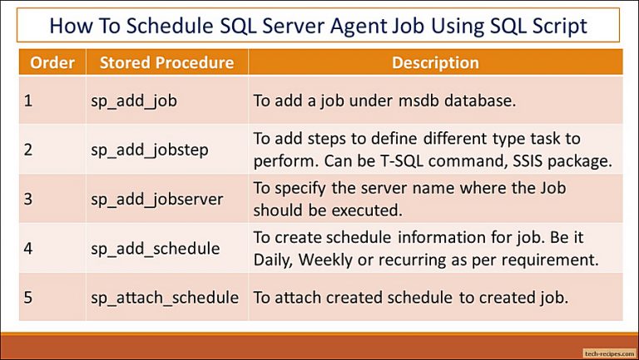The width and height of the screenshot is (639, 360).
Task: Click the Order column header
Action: [x=51, y=62]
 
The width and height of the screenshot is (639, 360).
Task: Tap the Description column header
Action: [x=435, y=62]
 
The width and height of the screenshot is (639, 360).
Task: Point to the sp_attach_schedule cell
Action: [x=164, y=297]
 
